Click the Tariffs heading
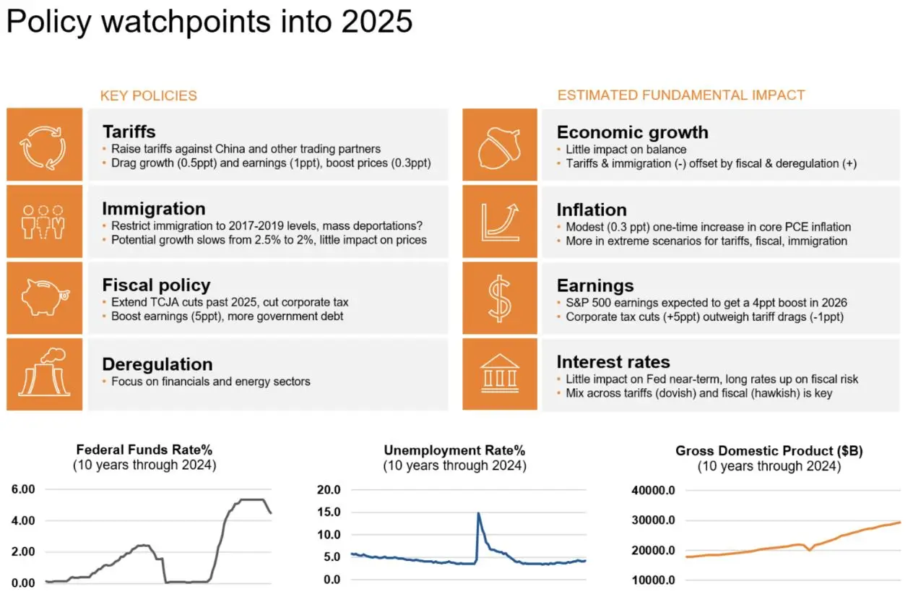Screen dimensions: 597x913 click(129, 132)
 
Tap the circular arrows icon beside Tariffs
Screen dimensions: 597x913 click(44, 145)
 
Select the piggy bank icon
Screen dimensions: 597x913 click(44, 297)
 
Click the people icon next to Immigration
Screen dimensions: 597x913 click(44, 220)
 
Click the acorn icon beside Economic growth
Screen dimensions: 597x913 click(499, 145)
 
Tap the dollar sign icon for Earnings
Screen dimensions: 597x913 click(499, 297)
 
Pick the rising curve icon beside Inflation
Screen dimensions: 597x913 click(499, 220)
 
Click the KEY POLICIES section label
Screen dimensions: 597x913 click(148, 95)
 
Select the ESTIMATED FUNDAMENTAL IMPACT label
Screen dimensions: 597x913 click(680, 95)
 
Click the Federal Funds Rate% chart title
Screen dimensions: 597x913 click(144, 450)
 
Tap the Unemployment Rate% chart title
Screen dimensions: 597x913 click(454, 450)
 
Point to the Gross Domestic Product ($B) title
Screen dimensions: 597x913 click(769, 450)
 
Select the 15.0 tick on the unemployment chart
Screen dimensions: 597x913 click(328, 512)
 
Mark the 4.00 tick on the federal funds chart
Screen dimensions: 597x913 click(23, 520)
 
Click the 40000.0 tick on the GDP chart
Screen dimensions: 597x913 click(652, 490)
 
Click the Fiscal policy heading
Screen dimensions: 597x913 click(156, 285)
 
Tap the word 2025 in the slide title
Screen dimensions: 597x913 click(367, 22)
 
